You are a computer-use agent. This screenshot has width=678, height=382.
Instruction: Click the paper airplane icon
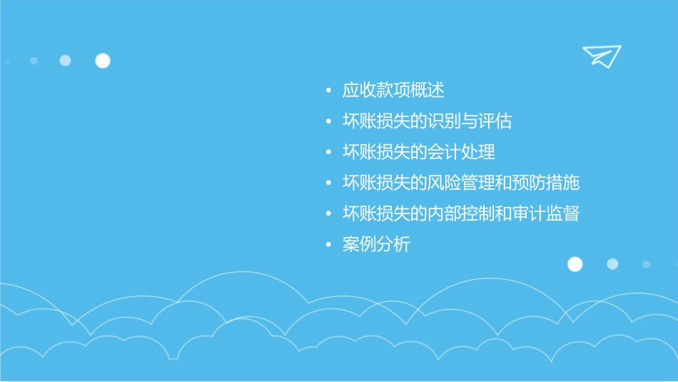click(601, 56)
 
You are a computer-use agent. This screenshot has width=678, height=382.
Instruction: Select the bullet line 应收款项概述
click(393, 91)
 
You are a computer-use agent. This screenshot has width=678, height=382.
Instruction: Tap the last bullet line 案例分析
click(376, 244)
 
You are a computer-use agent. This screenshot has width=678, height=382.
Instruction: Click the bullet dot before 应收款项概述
click(328, 91)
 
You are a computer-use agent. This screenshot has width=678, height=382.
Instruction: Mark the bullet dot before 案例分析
click(328, 245)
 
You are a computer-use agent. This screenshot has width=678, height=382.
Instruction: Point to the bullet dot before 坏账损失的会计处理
click(328, 153)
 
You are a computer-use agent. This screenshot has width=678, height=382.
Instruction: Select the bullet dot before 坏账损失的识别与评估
click(328, 122)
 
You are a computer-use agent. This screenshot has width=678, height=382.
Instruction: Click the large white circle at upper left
click(103, 61)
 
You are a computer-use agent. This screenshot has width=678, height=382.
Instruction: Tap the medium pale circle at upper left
click(65, 61)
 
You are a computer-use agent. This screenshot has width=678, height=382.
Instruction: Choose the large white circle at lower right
click(575, 264)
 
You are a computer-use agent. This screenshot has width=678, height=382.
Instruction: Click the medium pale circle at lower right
click(612, 264)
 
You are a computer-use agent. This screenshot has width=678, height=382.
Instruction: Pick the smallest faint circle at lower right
click(646, 264)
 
